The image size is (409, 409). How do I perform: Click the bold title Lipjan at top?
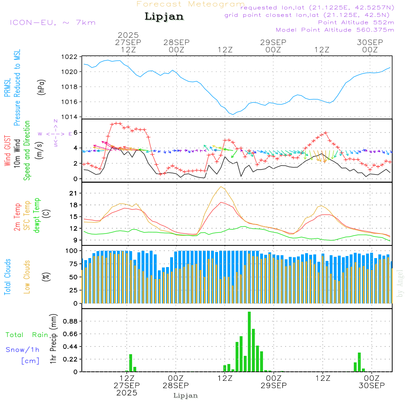[164, 16]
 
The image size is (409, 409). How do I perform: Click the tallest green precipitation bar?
[249, 342]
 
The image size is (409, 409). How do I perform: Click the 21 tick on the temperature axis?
[73, 193]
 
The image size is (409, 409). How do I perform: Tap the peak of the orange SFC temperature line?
[221, 187]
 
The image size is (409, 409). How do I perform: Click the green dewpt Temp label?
[37, 215]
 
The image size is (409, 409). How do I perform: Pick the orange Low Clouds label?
[27, 276]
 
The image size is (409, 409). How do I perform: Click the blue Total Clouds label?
[7, 276]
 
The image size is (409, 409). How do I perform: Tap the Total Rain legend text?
[27, 335]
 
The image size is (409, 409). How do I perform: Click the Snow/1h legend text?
[22, 350]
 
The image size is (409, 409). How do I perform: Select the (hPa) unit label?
[41, 87]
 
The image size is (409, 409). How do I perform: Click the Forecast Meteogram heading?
[191, 4]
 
